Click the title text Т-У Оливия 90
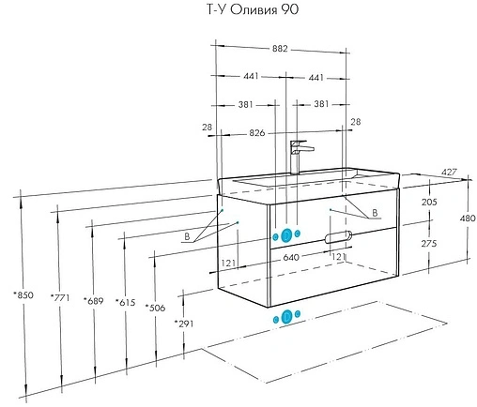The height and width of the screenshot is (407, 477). [253, 9]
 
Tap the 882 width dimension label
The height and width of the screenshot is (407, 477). [280, 49]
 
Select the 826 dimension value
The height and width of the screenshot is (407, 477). [257, 133]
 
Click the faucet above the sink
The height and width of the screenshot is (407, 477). [300, 158]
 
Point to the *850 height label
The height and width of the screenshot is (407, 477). [23, 294]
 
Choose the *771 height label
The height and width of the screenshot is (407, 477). [60, 297]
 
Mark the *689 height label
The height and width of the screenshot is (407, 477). [93, 301]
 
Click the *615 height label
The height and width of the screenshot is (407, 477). [126, 302]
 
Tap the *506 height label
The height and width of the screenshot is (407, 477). [155, 308]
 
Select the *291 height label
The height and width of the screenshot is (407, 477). [184, 324]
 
